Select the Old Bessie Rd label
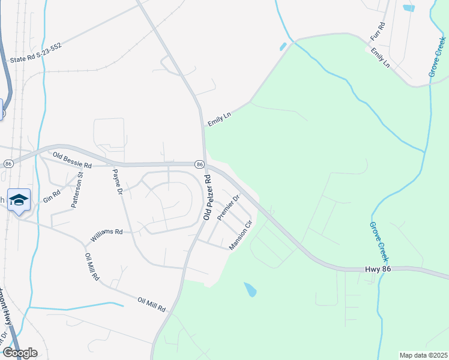[x=71, y=160]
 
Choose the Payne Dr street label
[x=118, y=182]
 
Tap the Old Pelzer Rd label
[x=208, y=197]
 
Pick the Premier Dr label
[x=228, y=207]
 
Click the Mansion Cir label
[x=239, y=235]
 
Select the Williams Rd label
[x=106, y=235]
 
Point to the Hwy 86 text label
[x=378, y=270]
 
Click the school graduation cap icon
[x=19, y=200]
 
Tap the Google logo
[x=20, y=353]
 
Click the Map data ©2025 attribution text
[x=423, y=355]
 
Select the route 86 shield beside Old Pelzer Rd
[x=199, y=164]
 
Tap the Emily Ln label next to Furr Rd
[x=380, y=58]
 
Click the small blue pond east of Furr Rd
[x=409, y=8]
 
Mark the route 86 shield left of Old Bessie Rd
[x=8, y=163]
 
